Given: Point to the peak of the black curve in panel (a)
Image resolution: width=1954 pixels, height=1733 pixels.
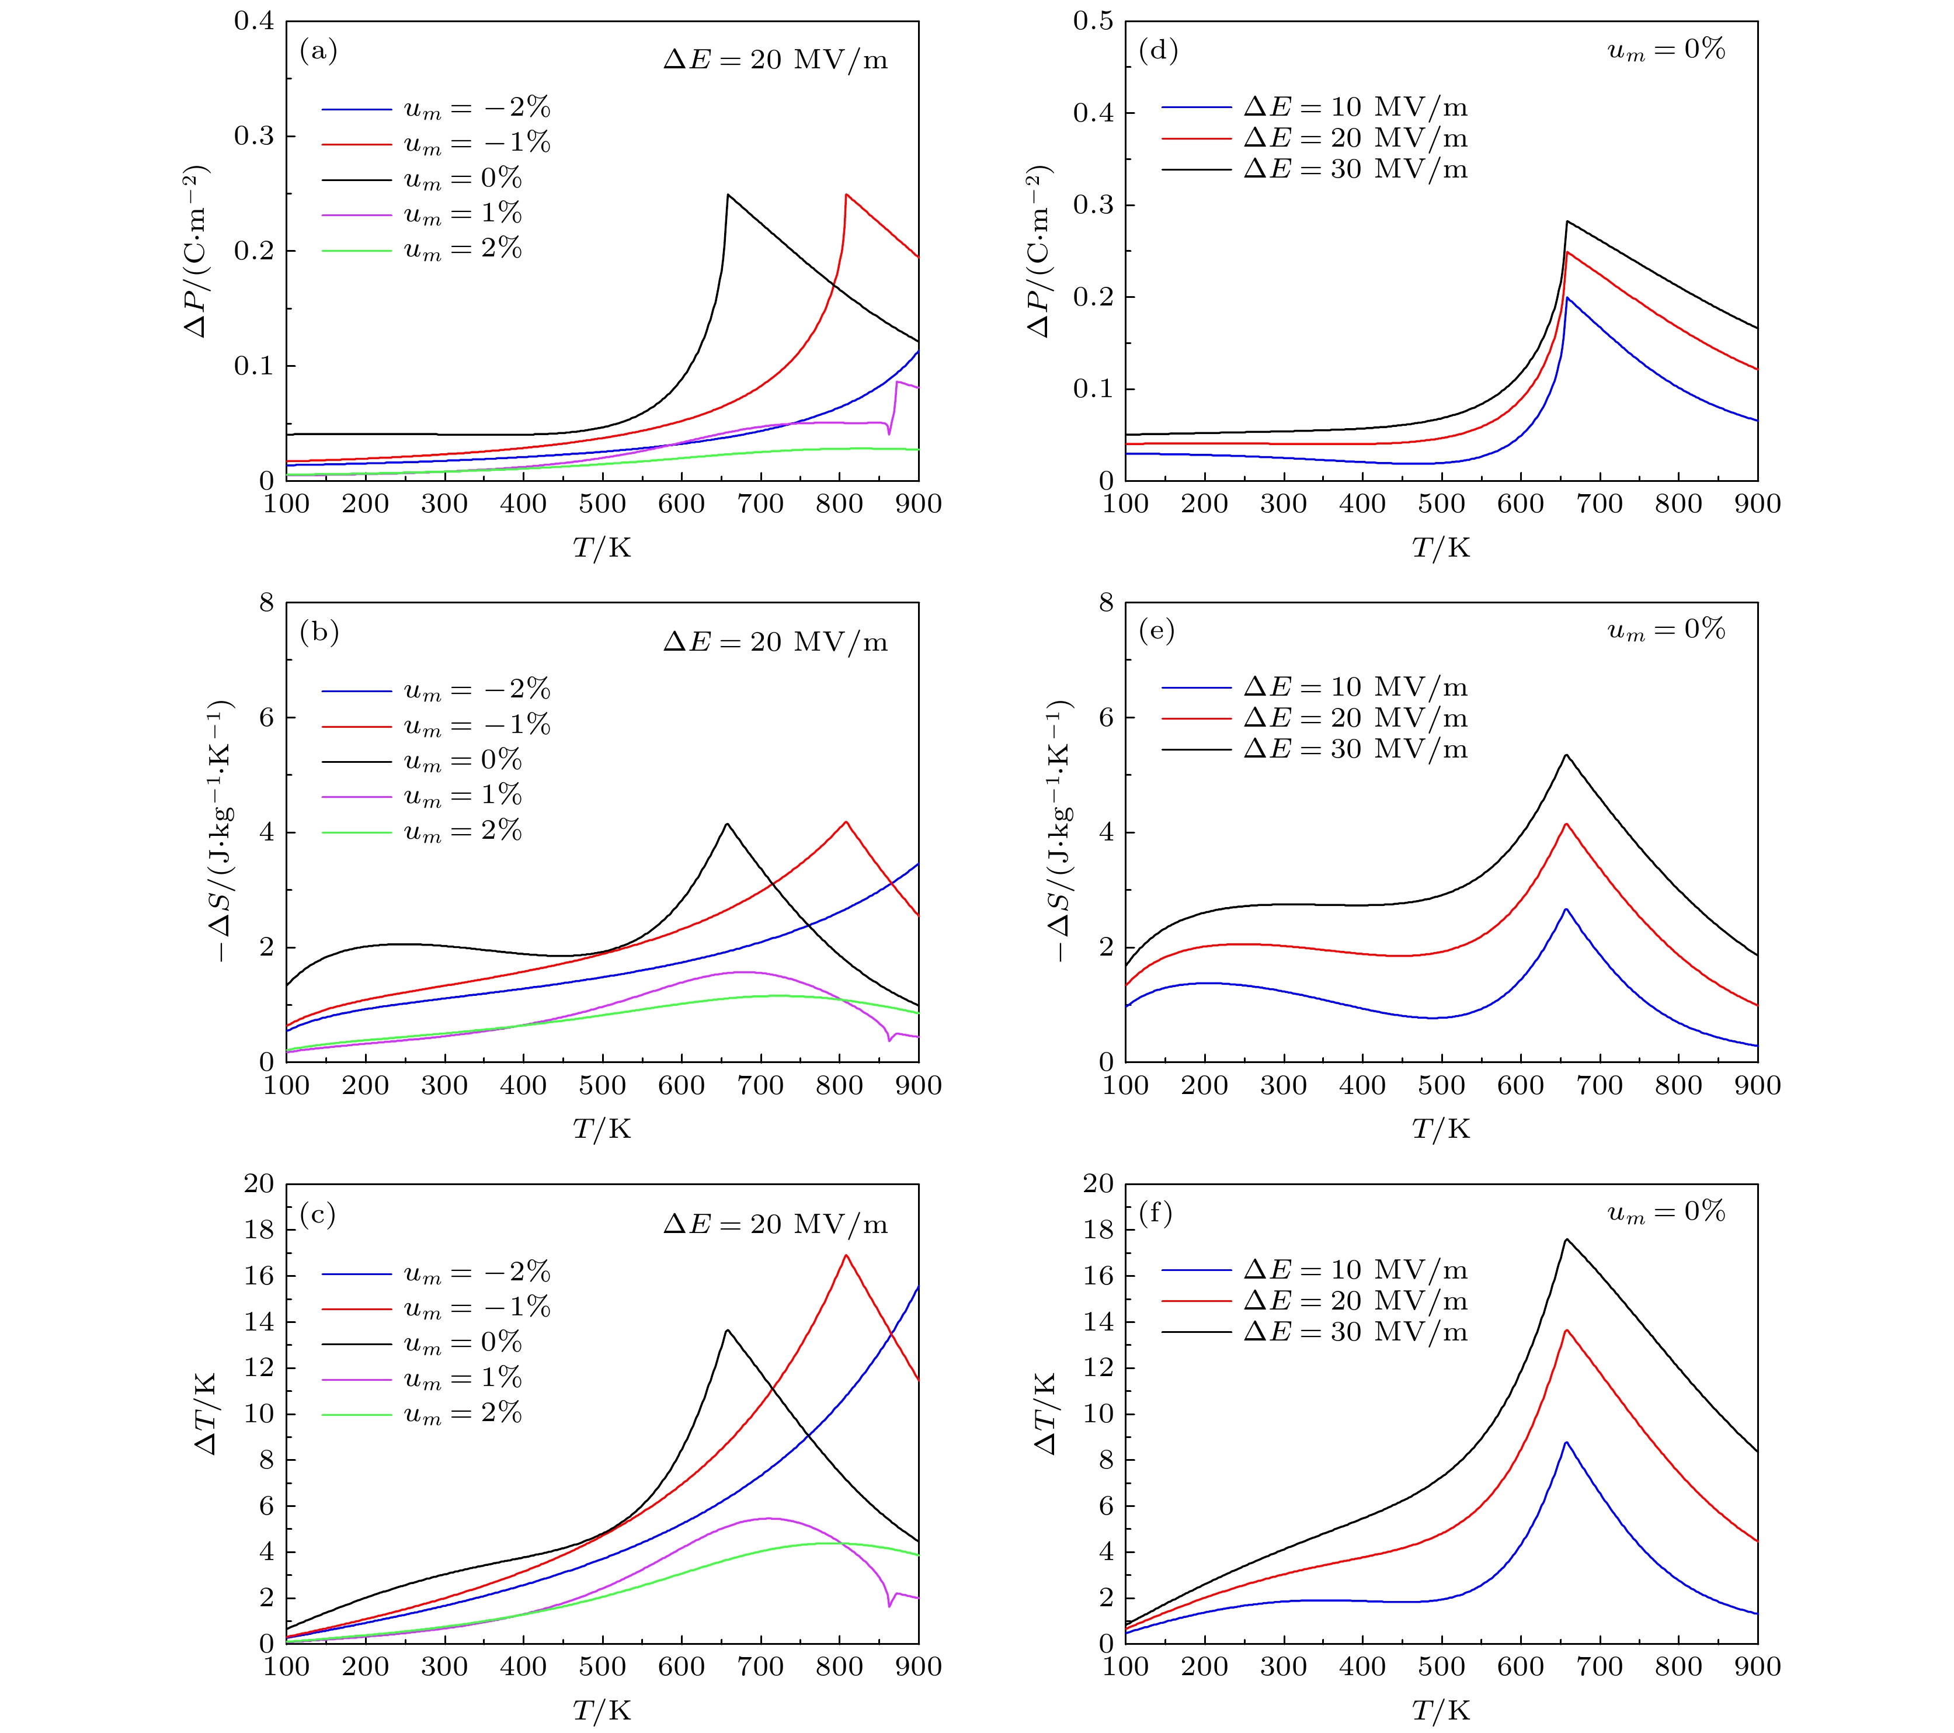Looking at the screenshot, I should [728, 195].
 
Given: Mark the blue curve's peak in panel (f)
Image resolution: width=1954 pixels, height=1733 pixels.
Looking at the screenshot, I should [1566, 1442].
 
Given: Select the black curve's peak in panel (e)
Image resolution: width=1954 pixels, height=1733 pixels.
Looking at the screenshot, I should [1566, 756].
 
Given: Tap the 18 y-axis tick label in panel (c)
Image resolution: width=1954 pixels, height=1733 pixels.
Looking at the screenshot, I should [258, 1230].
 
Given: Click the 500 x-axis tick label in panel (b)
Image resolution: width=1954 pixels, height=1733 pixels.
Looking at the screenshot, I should [602, 1085].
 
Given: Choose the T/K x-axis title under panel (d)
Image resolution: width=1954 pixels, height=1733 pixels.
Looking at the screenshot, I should [1441, 548].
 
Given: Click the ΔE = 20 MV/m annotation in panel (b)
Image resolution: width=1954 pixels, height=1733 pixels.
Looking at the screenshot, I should [776, 642].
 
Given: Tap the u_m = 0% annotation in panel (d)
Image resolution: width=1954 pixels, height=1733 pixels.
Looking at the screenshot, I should [1666, 50].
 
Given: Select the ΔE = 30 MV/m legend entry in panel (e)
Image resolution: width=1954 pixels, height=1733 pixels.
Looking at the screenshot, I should [1355, 749].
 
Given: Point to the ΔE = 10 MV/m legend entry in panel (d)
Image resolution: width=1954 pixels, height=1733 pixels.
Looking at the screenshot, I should [1355, 107].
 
